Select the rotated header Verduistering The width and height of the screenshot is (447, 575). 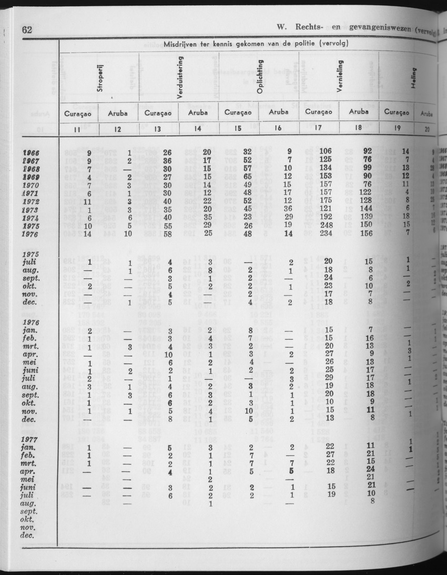click(180, 79)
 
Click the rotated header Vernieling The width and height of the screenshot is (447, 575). click(340, 80)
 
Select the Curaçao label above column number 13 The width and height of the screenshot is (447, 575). click(158, 113)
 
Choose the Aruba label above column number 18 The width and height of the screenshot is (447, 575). click(358, 112)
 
